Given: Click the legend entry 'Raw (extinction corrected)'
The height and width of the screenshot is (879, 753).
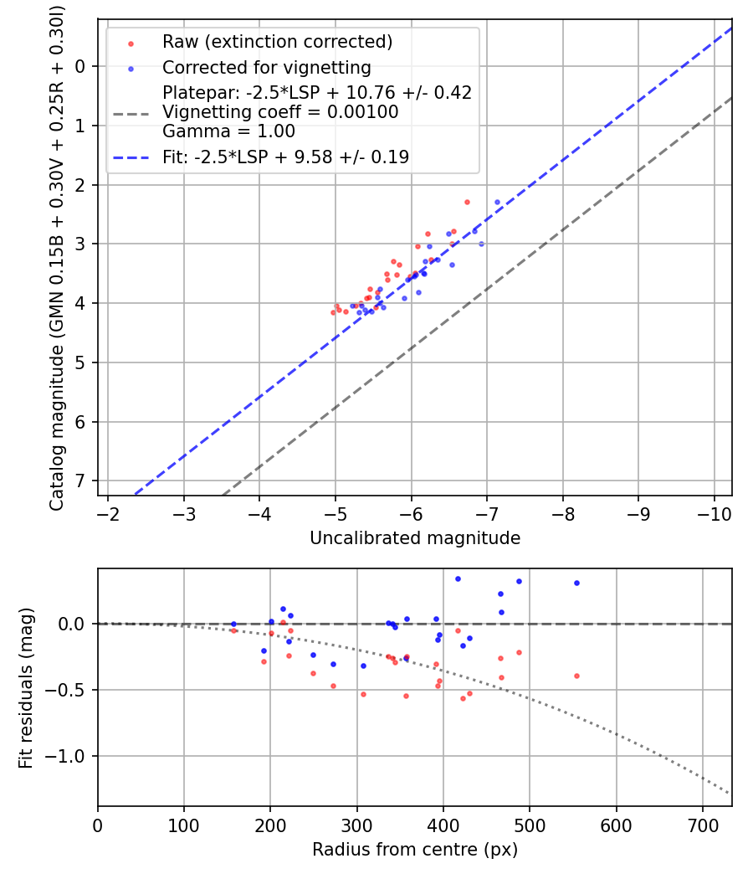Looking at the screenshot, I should click(277, 42).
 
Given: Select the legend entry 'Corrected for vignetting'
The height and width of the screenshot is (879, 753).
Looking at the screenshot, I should click(266, 67).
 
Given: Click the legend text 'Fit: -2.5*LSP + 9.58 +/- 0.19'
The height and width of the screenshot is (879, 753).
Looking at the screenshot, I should click(285, 157).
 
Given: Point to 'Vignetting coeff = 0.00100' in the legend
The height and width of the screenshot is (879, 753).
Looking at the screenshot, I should click(280, 112).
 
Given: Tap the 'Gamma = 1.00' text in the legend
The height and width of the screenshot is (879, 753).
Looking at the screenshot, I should click(228, 131).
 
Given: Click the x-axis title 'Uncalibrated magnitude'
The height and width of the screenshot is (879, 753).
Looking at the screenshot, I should click(415, 538).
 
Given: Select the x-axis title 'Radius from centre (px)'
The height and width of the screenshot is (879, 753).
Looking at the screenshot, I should click(415, 850).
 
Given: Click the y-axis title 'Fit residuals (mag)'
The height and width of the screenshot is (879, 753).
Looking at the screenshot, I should click(26, 688).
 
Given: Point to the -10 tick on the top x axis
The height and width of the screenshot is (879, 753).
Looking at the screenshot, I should click(714, 511).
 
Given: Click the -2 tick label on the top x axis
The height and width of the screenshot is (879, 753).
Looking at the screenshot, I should click(108, 511).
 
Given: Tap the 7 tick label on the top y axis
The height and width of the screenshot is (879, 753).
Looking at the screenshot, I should click(81, 481).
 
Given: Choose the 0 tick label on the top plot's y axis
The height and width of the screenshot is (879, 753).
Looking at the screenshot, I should click(81, 66).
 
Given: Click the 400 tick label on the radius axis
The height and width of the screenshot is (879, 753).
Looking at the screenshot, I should click(443, 824).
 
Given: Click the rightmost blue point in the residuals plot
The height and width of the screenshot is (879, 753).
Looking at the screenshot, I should click(576, 583).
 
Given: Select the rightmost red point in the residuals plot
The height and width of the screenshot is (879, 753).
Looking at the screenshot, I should click(576, 676).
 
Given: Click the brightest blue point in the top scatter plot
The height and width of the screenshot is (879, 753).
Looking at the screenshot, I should click(497, 202).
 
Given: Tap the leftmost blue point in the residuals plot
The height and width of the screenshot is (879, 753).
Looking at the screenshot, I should click(233, 624).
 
